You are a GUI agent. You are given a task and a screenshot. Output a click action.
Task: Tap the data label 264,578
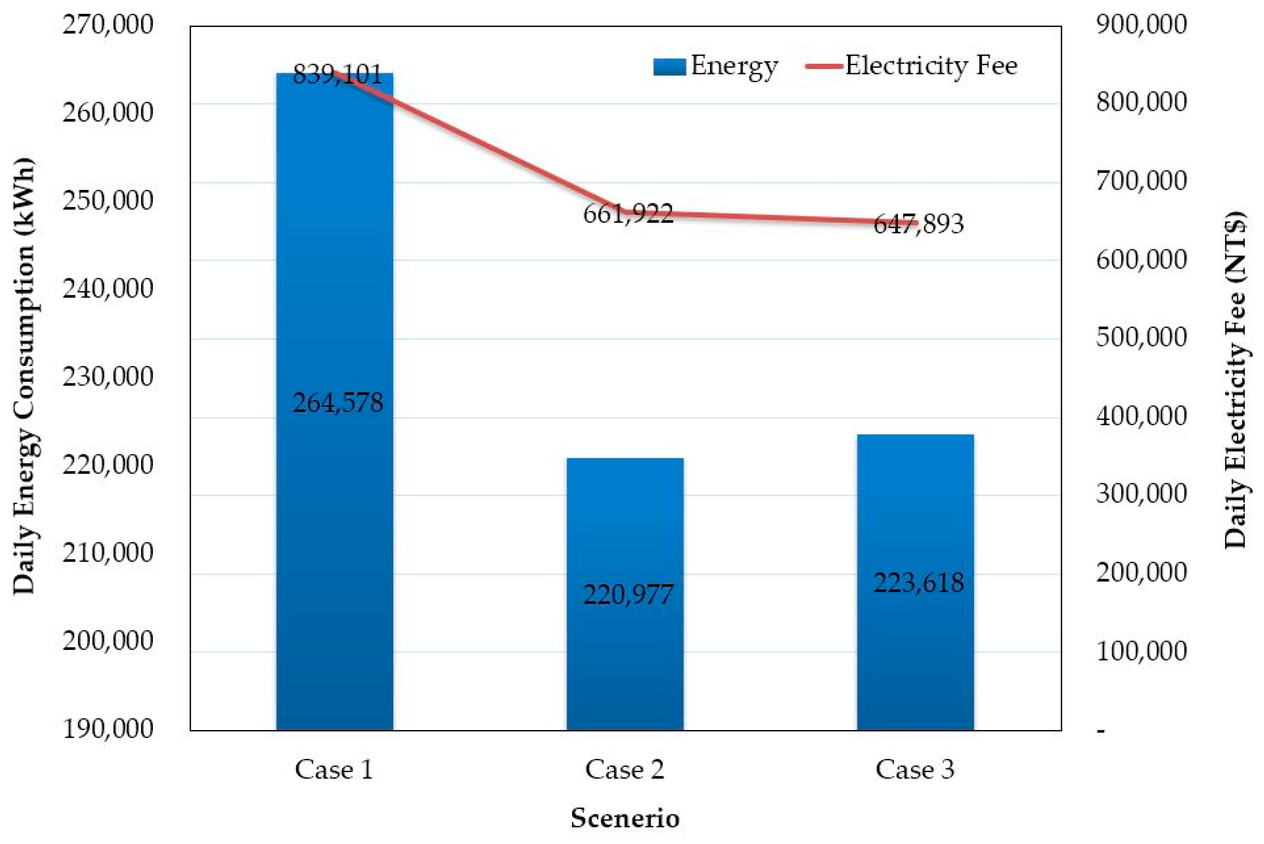pyautogui.click(x=338, y=403)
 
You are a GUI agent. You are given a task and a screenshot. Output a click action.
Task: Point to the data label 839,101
pyautogui.click(x=338, y=74)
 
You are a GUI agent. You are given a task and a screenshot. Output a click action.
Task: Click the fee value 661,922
pyautogui.click(x=628, y=214)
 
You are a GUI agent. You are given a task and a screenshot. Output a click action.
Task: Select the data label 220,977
pyautogui.click(x=628, y=595)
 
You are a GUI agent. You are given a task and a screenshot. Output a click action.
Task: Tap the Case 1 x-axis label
pyautogui.click(x=333, y=770)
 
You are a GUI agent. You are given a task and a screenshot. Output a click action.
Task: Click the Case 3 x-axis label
pyautogui.click(x=915, y=770)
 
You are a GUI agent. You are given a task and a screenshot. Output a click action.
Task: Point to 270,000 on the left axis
pyautogui.click(x=108, y=25)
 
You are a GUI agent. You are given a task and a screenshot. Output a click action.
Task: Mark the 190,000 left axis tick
pyautogui.click(x=108, y=729)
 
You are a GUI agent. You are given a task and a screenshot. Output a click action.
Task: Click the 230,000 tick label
pyautogui.click(x=108, y=377)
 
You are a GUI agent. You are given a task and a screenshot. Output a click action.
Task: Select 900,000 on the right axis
pyautogui.click(x=1141, y=25)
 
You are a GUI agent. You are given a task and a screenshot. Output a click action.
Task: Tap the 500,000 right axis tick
pyautogui.click(x=1141, y=338)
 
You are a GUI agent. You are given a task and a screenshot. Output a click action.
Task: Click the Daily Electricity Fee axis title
pyautogui.click(x=1236, y=379)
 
